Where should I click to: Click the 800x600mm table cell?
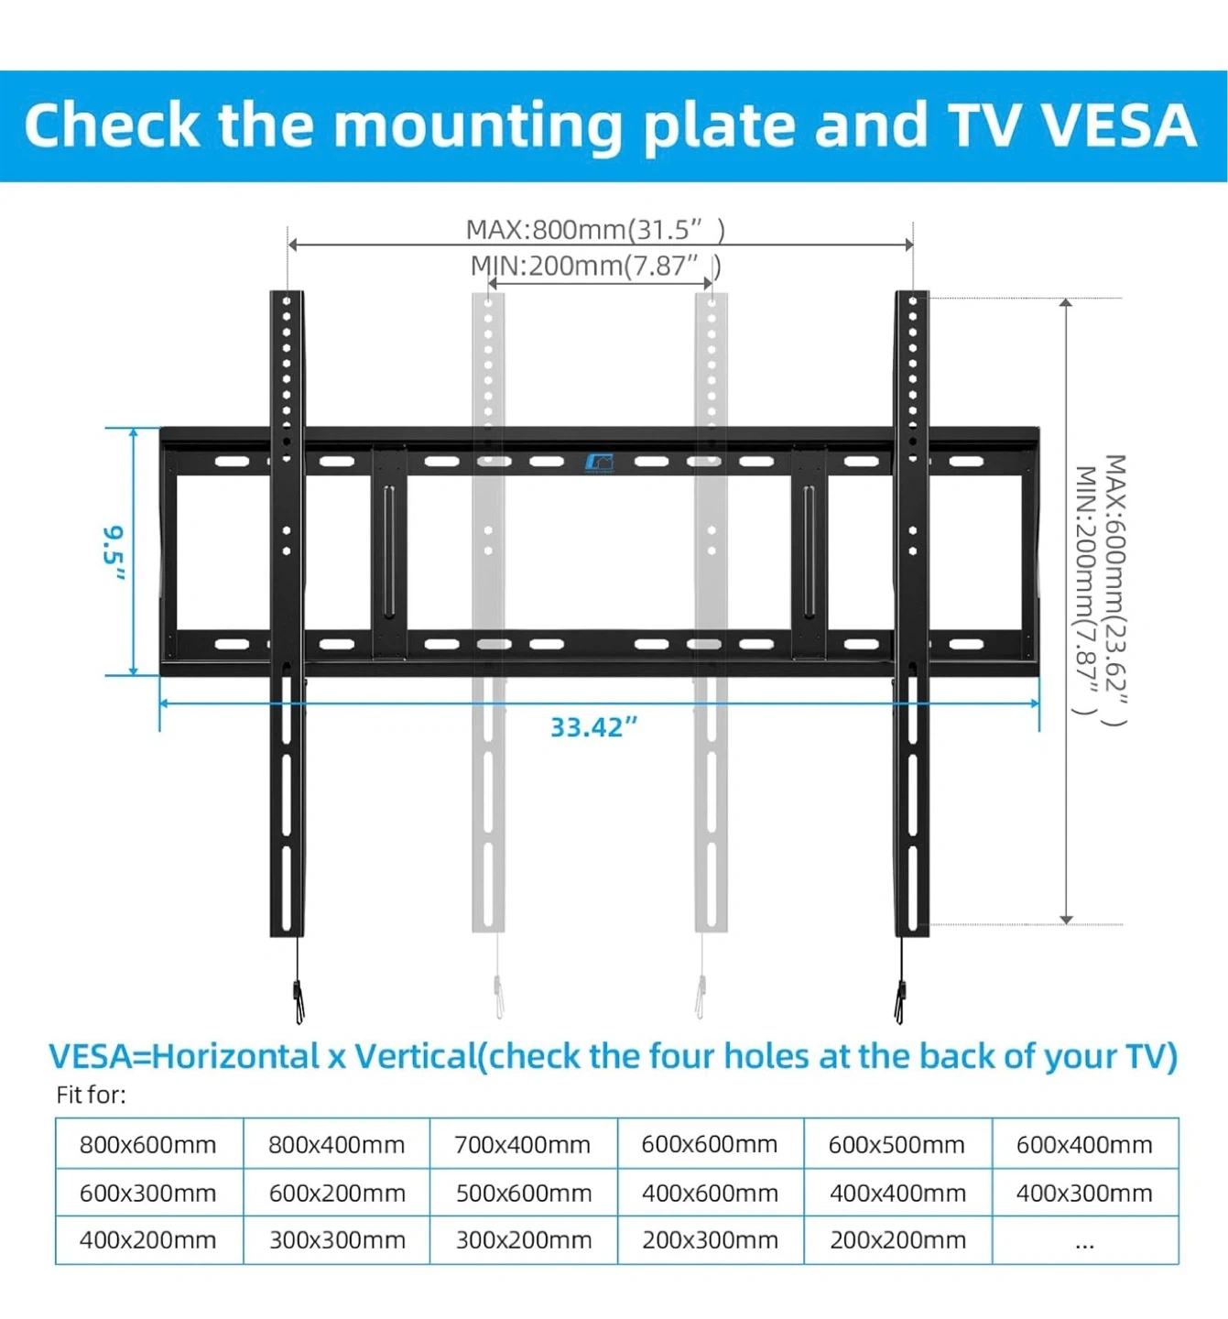coord(148,1144)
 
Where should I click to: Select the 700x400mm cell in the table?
coord(523,1144)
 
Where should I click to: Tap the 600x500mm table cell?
coord(897,1144)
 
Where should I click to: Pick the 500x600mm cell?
coord(524,1193)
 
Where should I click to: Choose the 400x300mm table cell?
coord(1084,1193)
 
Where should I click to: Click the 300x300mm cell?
coord(337,1240)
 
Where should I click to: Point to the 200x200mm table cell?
coord(897,1240)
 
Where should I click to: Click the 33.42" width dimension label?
coord(593,727)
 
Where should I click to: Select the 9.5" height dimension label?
coord(114,552)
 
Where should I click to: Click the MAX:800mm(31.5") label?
coord(595,229)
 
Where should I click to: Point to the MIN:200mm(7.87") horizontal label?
coord(595,267)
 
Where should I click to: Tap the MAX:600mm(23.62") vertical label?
coord(1115,591)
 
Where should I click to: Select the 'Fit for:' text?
coord(92,1095)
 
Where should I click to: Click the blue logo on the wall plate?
coord(599,463)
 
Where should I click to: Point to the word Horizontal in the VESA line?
coord(235,1056)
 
